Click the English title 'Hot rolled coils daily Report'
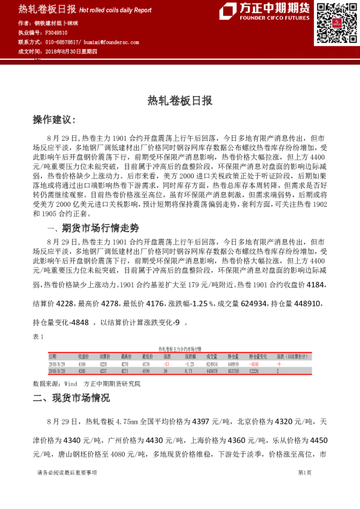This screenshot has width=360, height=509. click(x=116, y=10)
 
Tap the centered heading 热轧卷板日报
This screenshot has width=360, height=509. click(x=180, y=102)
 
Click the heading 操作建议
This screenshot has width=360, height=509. click(x=54, y=120)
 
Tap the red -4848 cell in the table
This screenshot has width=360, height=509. click(x=254, y=365)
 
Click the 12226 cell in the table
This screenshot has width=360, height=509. click(x=254, y=371)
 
